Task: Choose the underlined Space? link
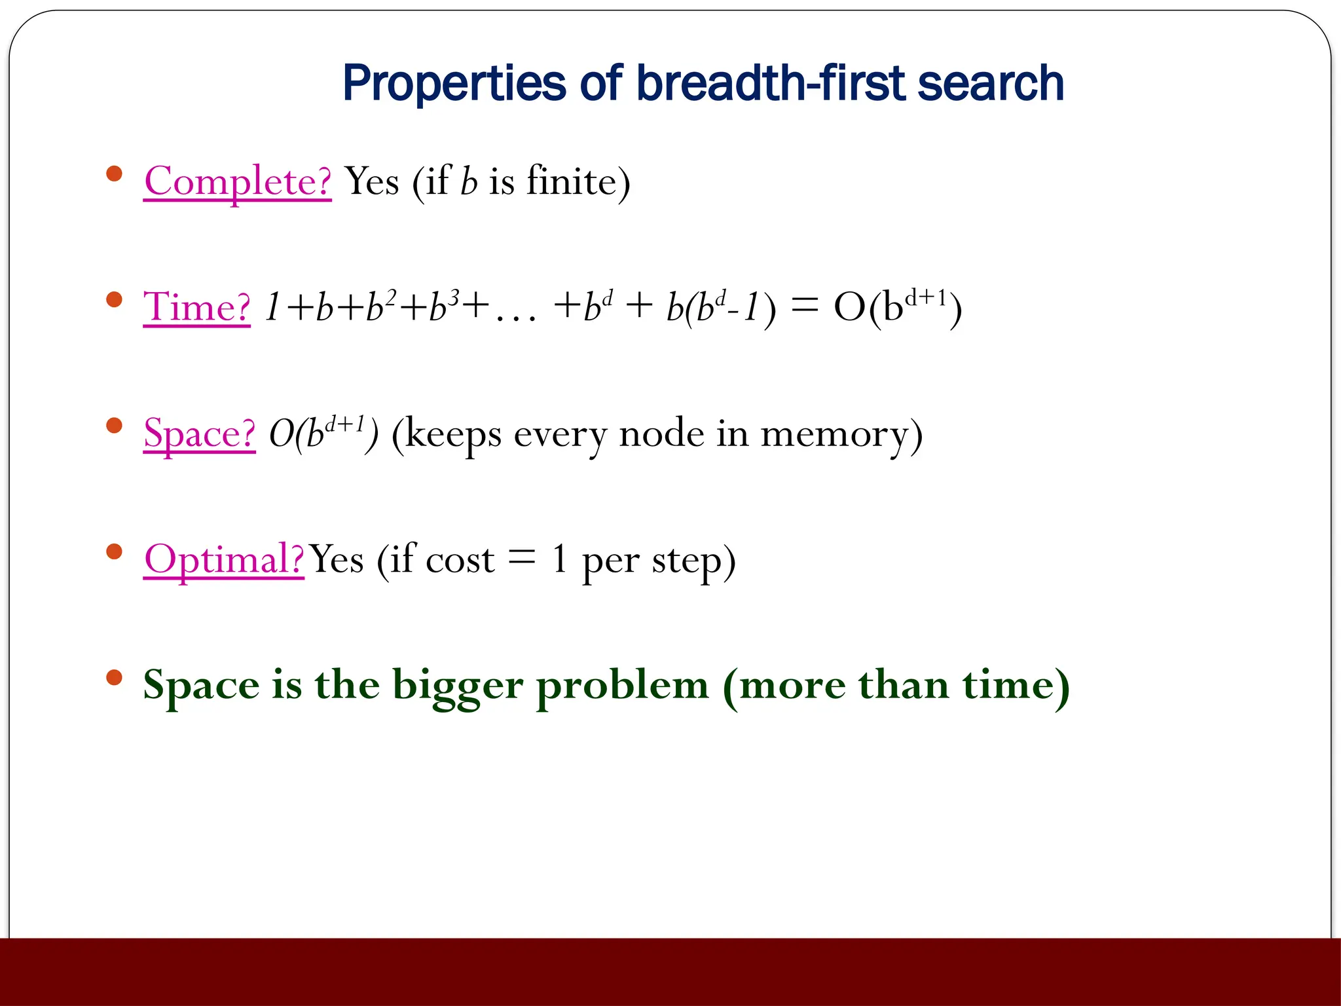click(x=199, y=433)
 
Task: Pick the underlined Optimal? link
click(x=224, y=559)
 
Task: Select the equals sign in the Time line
click(x=805, y=305)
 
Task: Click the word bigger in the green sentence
click(x=458, y=686)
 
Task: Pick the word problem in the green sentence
click(x=622, y=686)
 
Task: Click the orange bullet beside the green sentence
click(x=115, y=677)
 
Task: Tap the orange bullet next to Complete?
click(x=115, y=174)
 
